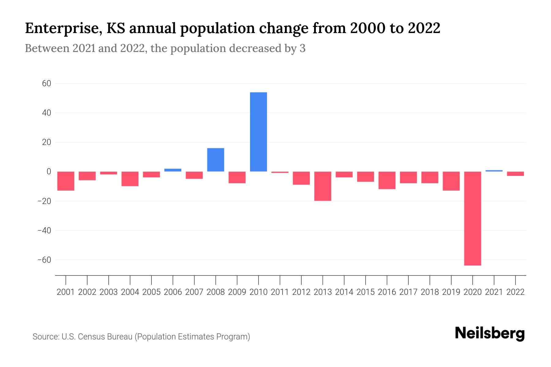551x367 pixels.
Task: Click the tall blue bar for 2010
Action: click(x=258, y=132)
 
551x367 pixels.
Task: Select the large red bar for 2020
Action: click(x=472, y=218)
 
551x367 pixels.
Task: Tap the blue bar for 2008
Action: click(x=216, y=160)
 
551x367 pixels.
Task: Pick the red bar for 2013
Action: click(x=323, y=186)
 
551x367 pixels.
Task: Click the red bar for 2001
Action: click(x=66, y=181)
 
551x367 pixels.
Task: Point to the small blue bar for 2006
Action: click(x=173, y=170)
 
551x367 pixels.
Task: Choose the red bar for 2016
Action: click(x=387, y=180)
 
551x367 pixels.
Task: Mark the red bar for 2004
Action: click(x=130, y=179)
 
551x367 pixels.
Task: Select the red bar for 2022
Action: click(x=515, y=174)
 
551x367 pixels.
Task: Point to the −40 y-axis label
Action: click(x=44, y=230)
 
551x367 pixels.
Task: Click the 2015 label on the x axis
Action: click(x=365, y=292)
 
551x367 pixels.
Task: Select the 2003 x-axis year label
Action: click(x=109, y=292)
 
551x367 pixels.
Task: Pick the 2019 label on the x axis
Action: click(x=451, y=292)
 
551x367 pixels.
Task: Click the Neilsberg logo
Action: click(x=490, y=333)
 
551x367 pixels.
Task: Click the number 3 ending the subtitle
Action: click(x=302, y=48)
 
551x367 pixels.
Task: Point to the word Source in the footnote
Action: click(x=46, y=337)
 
